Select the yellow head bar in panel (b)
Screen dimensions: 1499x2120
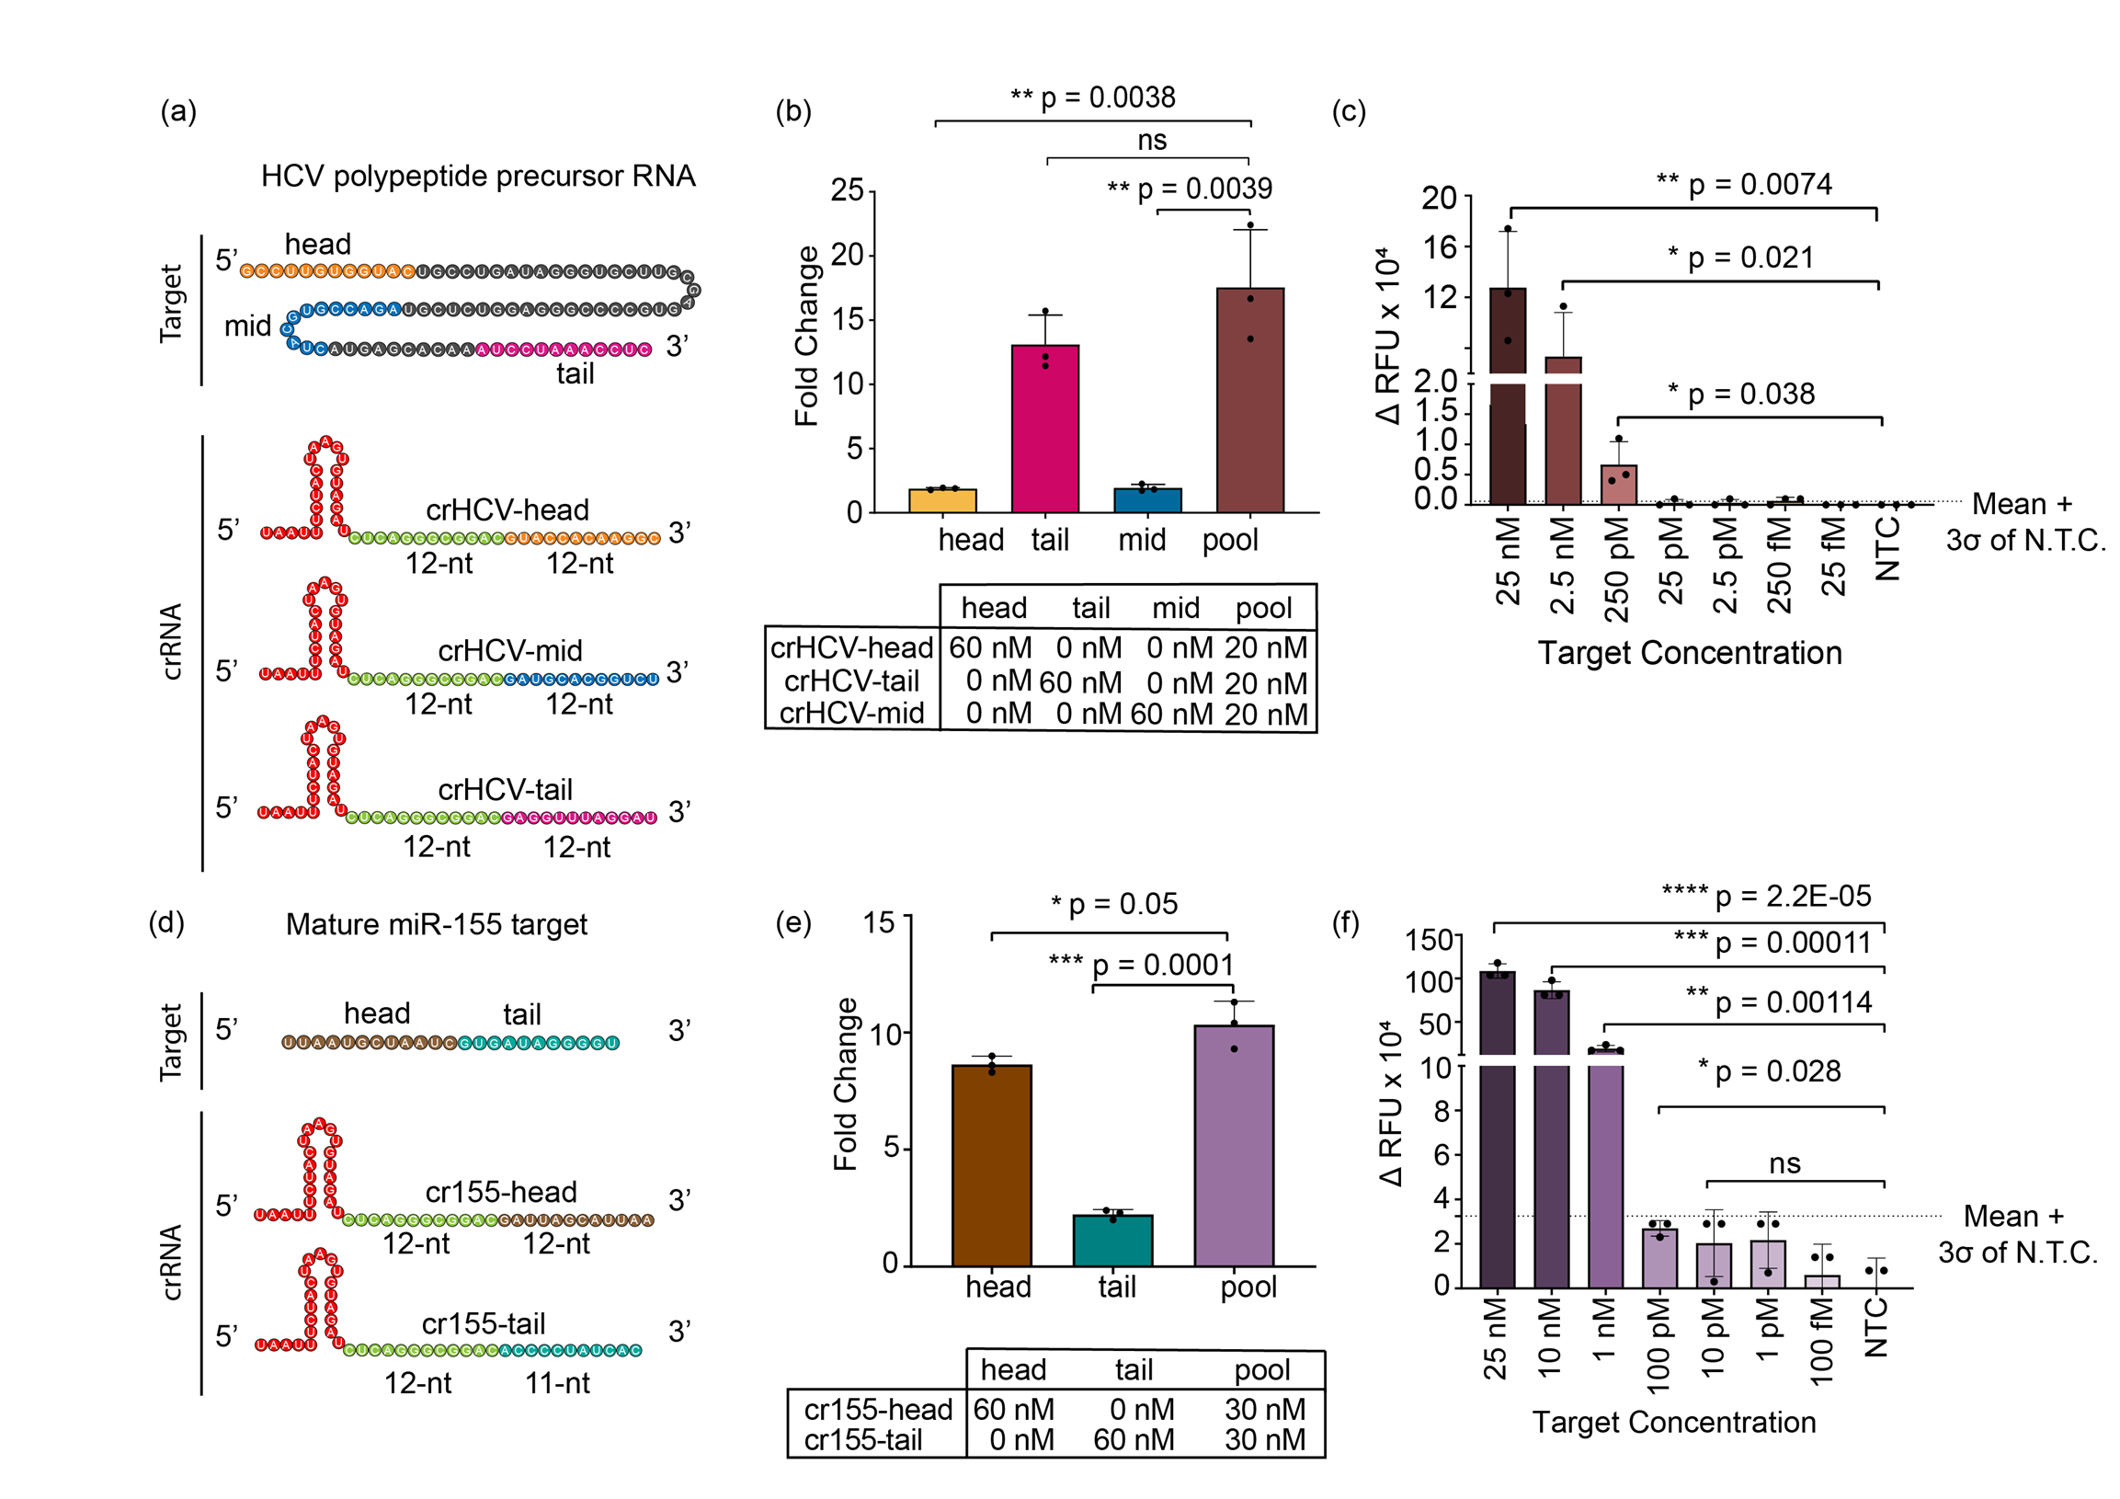point(941,500)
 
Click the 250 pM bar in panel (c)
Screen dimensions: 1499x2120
point(1618,485)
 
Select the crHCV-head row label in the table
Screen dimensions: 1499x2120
point(850,647)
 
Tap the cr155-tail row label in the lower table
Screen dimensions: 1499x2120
point(862,1439)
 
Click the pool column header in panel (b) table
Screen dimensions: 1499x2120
point(1262,608)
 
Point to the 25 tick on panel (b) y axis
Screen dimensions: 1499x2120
point(847,190)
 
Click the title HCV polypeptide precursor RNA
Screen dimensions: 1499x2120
point(477,176)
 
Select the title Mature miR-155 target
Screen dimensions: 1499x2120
point(436,923)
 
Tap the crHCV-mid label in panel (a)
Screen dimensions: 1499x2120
point(509,650)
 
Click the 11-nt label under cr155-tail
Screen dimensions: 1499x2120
point(557,1382)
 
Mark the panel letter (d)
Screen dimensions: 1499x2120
point(166,921)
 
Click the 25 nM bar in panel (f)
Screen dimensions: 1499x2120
point(1496,1136)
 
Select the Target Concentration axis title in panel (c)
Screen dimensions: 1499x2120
point(1689,653)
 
